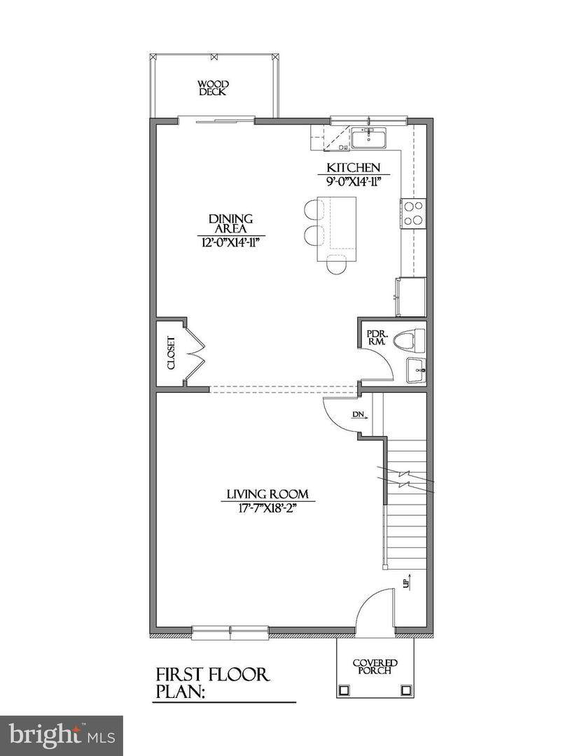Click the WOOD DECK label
(x=213, y=88)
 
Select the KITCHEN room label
(x=354, y=168)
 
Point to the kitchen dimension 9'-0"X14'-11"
(x=354, y=181)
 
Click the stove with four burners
(x=414, y=213)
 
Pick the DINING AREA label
(x=231, y=224)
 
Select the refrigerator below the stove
(x=411, y=296)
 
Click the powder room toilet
(x=410, y=340)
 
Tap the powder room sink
(x=416, y=370)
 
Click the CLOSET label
(x=171, y=353)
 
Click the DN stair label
(x=359, y=414)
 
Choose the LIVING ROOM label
(x=267, y=494)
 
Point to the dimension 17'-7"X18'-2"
(x=268, y=507)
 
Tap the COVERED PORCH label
(x=375, y=667)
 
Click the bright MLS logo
(x=61, y=736)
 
